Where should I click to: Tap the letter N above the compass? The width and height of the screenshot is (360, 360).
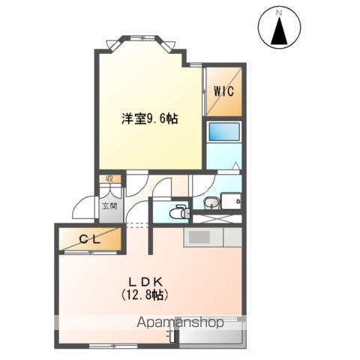pyautogui.click(x=278, y=12)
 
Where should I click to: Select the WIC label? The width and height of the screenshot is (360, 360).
pyautogui.click(x=224, y=91)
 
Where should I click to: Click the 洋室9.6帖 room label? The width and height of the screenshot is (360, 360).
pyautogui.click(x=150, y=118)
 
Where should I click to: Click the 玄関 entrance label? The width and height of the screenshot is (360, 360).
pyautogui.click(x=109, y=205)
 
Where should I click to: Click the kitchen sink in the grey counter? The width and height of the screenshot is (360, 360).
pyautogui.click(x=199, y=237)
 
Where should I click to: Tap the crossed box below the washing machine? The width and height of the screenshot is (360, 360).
pyautogui.click(x=217, y=218)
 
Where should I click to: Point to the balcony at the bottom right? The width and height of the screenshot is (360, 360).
pyautogui.click(x=213, y=334)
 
